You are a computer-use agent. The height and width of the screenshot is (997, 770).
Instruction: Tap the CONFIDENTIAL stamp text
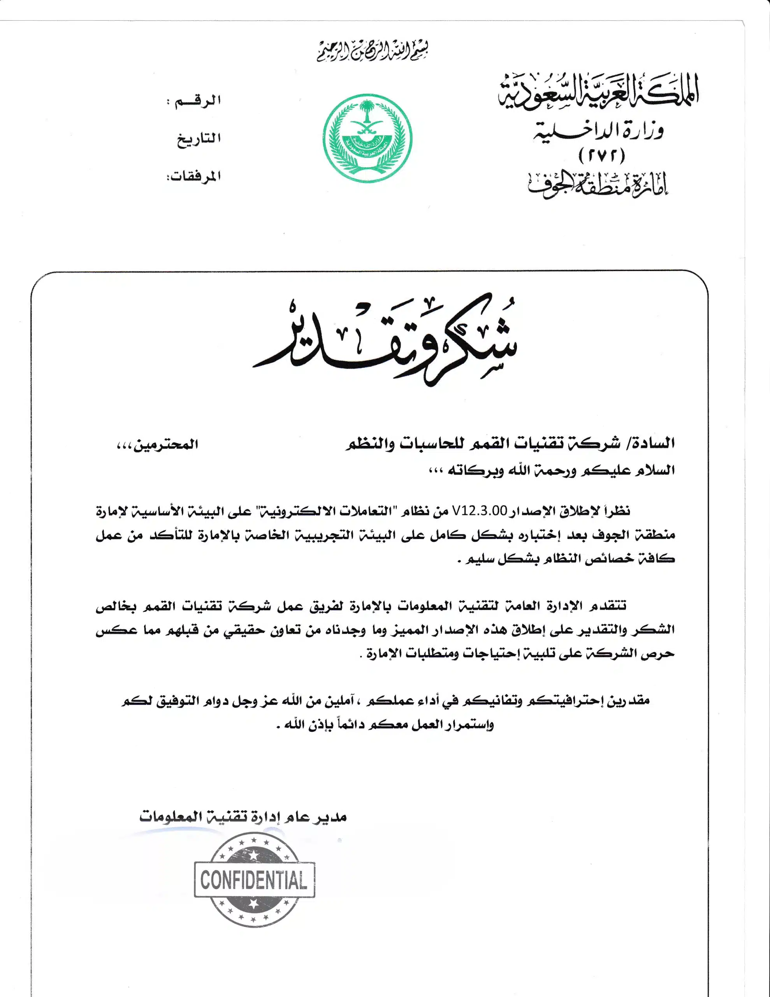(254, 880)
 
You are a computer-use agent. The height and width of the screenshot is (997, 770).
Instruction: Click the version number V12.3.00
(479, 511)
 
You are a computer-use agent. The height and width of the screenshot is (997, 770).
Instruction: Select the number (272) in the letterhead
(601, 157)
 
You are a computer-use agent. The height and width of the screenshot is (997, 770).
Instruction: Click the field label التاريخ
(199, 138)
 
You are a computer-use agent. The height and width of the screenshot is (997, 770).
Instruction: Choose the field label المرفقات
(193, 176)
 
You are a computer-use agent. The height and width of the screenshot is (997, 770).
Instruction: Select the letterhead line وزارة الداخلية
(598, 131)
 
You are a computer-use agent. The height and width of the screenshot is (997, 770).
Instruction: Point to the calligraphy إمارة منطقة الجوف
(598, 185)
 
